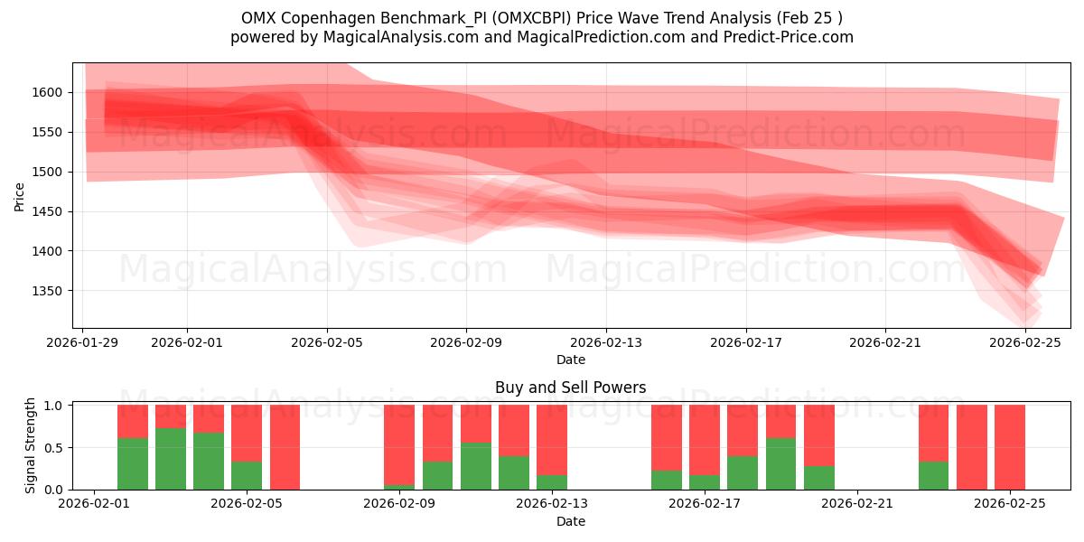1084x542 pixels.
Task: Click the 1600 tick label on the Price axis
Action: coord(46,92)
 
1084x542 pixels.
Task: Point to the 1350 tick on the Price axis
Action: coord(46,291)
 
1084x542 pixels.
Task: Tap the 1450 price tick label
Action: coord(46,211)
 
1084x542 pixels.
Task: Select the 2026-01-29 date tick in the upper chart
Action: coord(83,342)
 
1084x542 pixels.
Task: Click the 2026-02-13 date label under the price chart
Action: coord(606,342)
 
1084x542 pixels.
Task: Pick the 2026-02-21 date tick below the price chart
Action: coord(885,342)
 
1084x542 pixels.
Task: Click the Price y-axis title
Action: coord(20,196)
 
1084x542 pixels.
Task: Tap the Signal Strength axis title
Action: coord(31,445)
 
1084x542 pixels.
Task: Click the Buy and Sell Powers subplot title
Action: coord(570,388)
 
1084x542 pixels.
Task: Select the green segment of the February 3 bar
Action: coord(171,459)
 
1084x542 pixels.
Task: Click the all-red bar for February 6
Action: coord(285,447)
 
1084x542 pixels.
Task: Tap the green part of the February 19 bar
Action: coord(780,463)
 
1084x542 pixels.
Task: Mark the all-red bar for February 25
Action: coord(1010,447)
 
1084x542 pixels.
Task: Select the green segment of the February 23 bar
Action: coord(933,475)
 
